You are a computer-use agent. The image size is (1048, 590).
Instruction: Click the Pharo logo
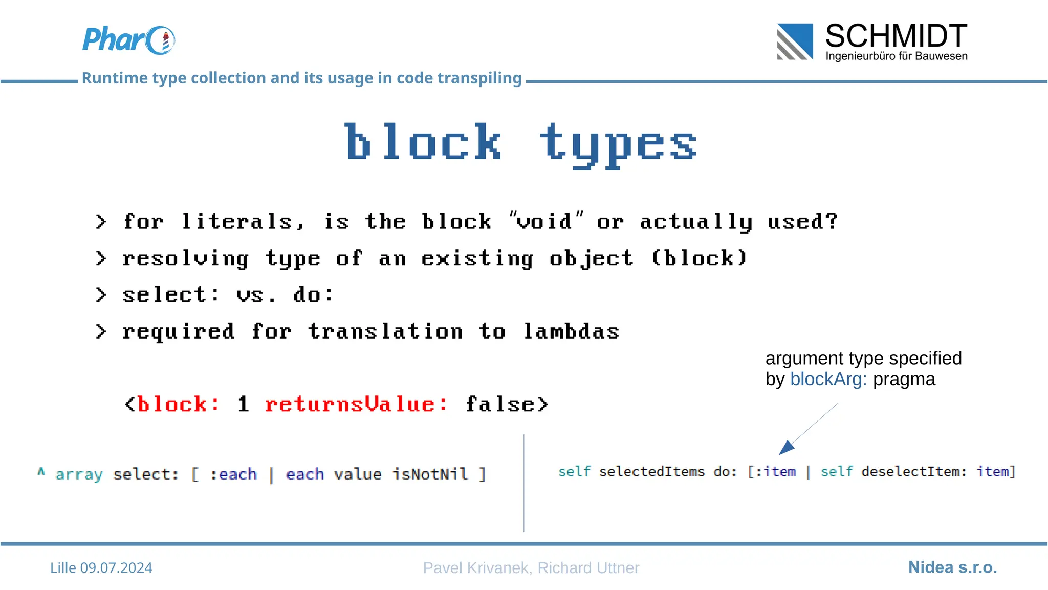tap(128, 40)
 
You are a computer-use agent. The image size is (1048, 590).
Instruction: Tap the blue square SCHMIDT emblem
tap(795, 41)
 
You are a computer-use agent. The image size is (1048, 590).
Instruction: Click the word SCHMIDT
tap(896, 36)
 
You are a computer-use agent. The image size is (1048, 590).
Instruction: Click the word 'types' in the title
tap(618, 143)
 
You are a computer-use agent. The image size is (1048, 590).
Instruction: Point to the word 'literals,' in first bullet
tap(243, 222)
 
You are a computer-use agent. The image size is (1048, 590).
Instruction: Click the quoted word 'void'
tap(545, 221)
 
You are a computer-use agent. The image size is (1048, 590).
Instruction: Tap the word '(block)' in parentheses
tap(700, 258)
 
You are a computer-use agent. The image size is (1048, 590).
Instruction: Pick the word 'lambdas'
tap(571, 331)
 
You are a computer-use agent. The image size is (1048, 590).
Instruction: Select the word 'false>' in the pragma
tap(507, 404)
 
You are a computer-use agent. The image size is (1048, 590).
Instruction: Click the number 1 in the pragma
tap(244, 404)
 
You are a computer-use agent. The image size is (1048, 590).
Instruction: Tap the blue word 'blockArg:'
tap(828, 379)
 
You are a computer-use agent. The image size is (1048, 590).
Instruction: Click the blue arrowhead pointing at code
tap(786, 447)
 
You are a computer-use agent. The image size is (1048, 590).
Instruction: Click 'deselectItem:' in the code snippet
tap(914, 471)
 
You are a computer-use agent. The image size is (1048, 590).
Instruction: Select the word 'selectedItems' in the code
tap(652, 471)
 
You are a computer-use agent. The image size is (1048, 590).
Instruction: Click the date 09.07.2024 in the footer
tap(116, 567)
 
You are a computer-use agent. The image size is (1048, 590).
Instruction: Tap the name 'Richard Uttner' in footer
tap(588, 567)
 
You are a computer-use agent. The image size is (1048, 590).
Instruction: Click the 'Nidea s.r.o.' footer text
tap(952, 567)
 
